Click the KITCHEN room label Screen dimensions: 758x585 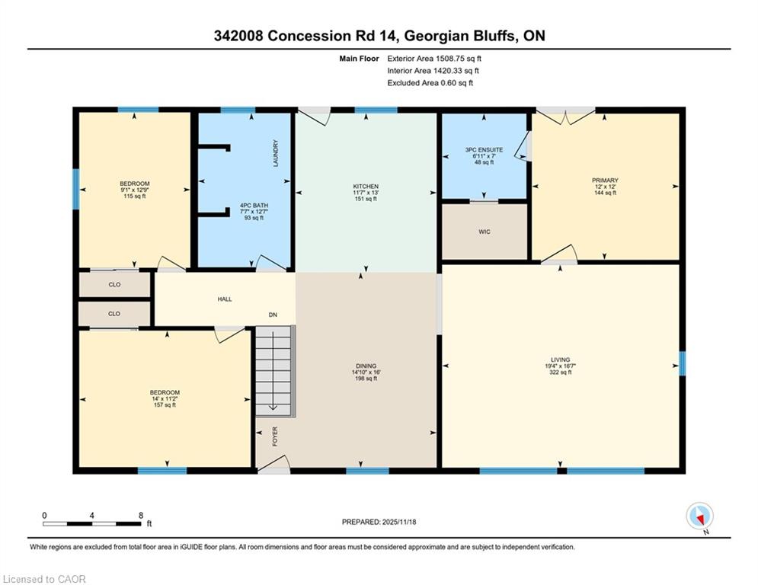click(x=366, y=186)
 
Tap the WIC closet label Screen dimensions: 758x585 click(x=485, y=232)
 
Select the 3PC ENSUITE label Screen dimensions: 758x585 click(x=484, y=150)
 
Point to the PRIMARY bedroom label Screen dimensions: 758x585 click(x=605, y=181)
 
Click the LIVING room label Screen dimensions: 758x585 click(x=560, y=360)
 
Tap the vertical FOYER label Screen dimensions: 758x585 click(x=275, y=436)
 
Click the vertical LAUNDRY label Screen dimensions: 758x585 click(x=276, y=153)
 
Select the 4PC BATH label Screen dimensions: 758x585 click(x=254, y=206)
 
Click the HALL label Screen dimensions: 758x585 click(x=224, y=299)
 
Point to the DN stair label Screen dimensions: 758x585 click(x=273, y=315)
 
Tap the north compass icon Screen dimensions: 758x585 click(x=699, y=516)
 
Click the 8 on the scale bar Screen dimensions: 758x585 click(x=141, y=516)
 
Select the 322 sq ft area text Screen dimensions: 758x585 click(x=560, y=372)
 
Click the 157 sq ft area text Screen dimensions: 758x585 click(x=165, y=405)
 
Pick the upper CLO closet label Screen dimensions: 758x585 click(x=114, y=285)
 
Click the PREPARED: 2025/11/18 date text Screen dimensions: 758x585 click(x=379, y=522)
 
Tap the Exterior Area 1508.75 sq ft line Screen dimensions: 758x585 click(x=434, y=59)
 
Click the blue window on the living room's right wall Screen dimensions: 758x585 click(x=682, y=363)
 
